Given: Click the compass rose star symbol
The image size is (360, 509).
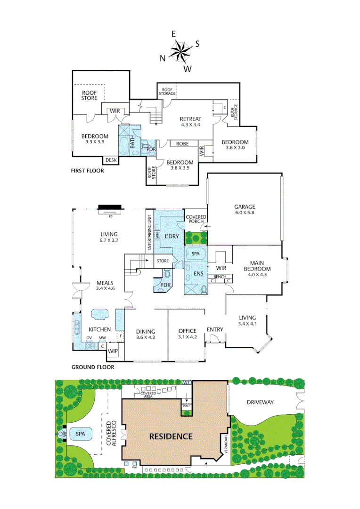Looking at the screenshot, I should [180, 51].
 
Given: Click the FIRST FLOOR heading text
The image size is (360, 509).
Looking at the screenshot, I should [88, 171].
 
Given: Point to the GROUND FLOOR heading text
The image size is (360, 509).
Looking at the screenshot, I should [92, 367].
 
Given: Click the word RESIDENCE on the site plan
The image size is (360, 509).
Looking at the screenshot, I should [171, 436].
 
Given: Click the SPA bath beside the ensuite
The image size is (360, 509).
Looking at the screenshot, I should [196, 254].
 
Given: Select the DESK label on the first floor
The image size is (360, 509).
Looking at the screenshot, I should [111, 160].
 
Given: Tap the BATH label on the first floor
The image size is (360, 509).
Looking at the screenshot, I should [132, 142].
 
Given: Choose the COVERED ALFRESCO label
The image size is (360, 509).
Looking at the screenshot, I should [111, 434].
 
